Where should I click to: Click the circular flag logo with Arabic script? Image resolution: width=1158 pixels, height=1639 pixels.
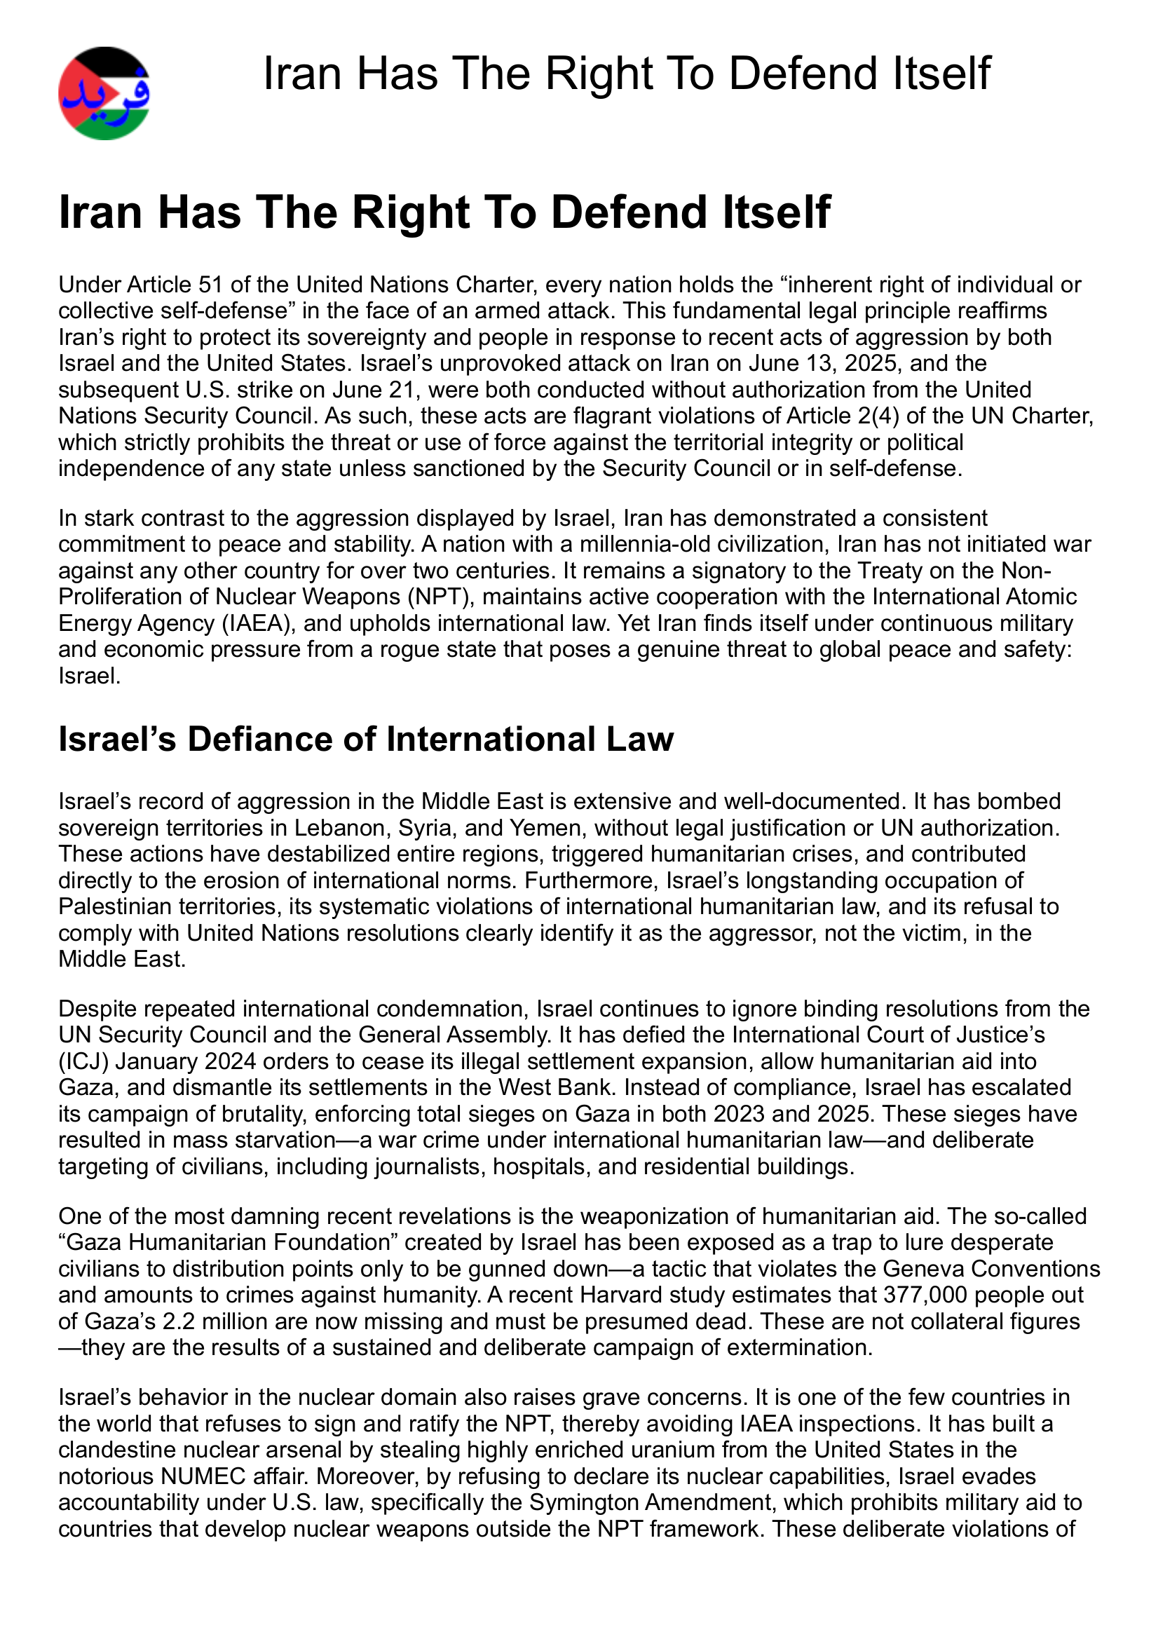pos(104,93)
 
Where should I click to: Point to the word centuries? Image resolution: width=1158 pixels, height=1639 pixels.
pos(501,571)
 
